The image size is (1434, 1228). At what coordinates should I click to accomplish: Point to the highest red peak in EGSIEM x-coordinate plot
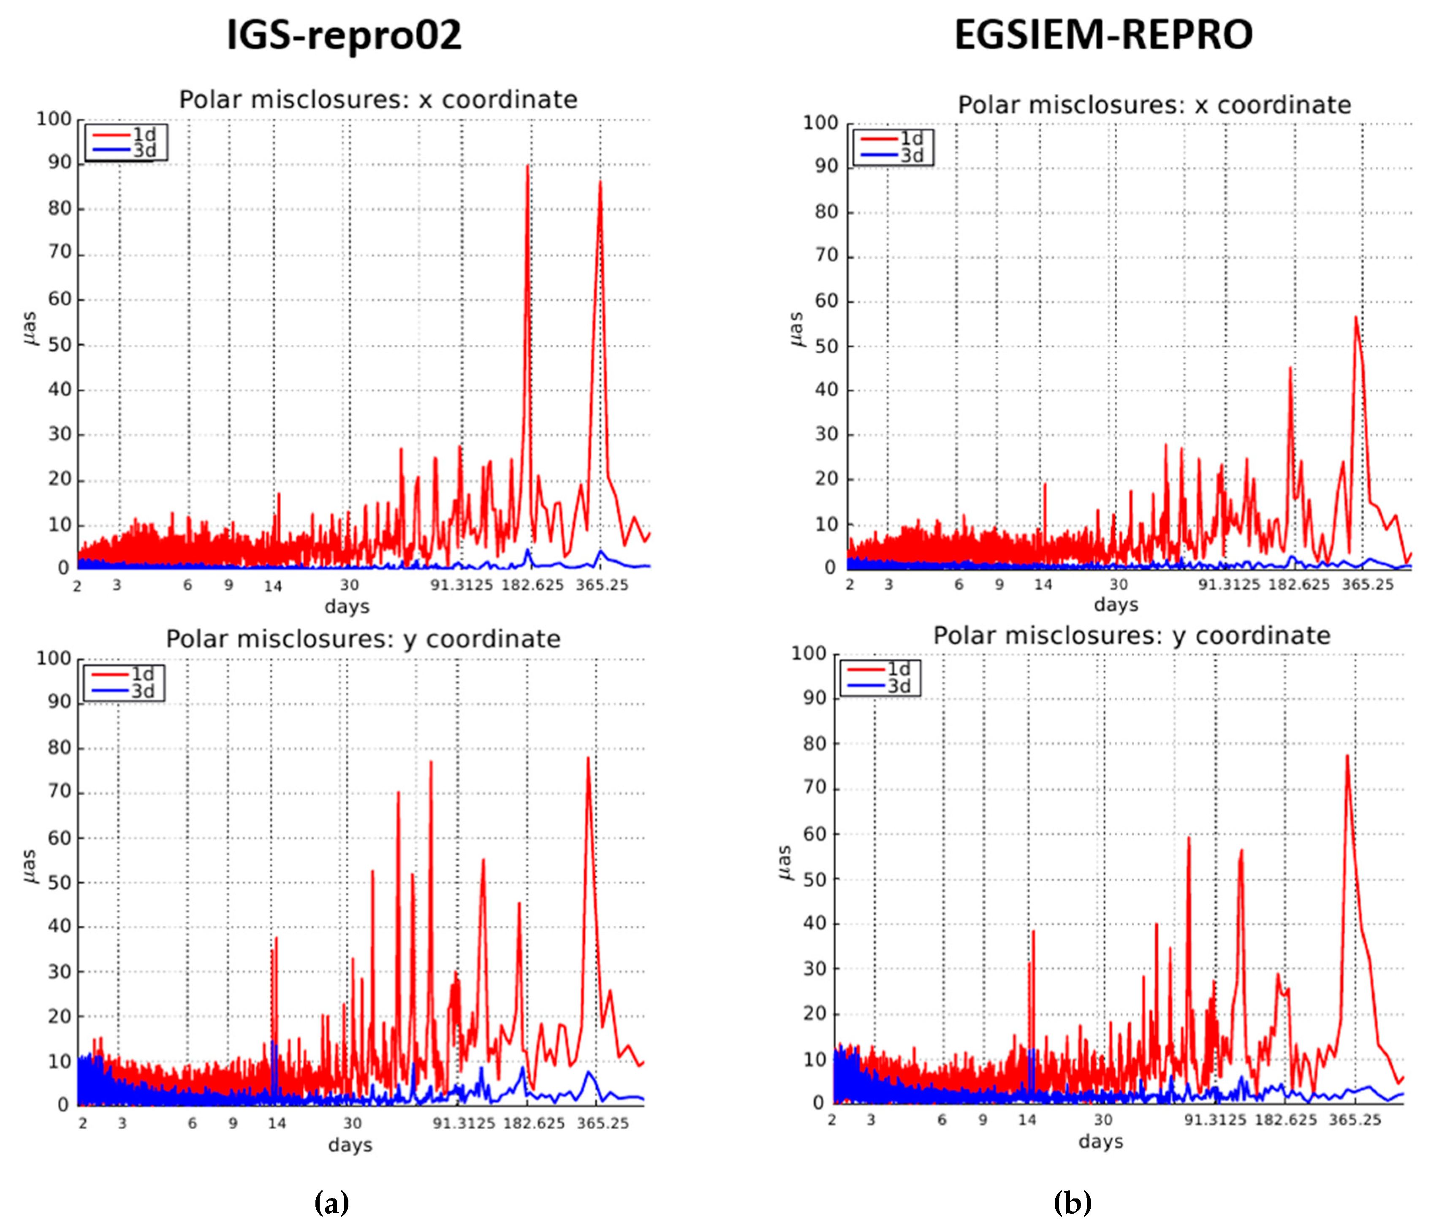click(1355, 318)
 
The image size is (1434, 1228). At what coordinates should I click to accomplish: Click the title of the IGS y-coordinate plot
click(363, 639)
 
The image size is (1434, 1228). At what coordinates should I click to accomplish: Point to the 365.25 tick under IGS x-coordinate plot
click(601, 585)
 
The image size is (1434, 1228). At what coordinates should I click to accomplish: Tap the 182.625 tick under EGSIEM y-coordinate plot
click(1286, 1120)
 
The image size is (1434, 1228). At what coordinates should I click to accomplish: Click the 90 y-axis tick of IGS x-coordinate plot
click(60, 163)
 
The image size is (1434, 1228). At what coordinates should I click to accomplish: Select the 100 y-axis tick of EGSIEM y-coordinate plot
click(808, 654)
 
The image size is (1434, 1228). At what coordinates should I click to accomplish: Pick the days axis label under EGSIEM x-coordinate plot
click(1116, 605)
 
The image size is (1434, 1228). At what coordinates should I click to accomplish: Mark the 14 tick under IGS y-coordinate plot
click(277, 1124)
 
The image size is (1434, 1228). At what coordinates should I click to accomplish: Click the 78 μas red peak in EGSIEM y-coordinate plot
click(1347, 756)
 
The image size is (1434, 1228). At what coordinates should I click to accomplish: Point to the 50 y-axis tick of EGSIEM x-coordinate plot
click(826, 346)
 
